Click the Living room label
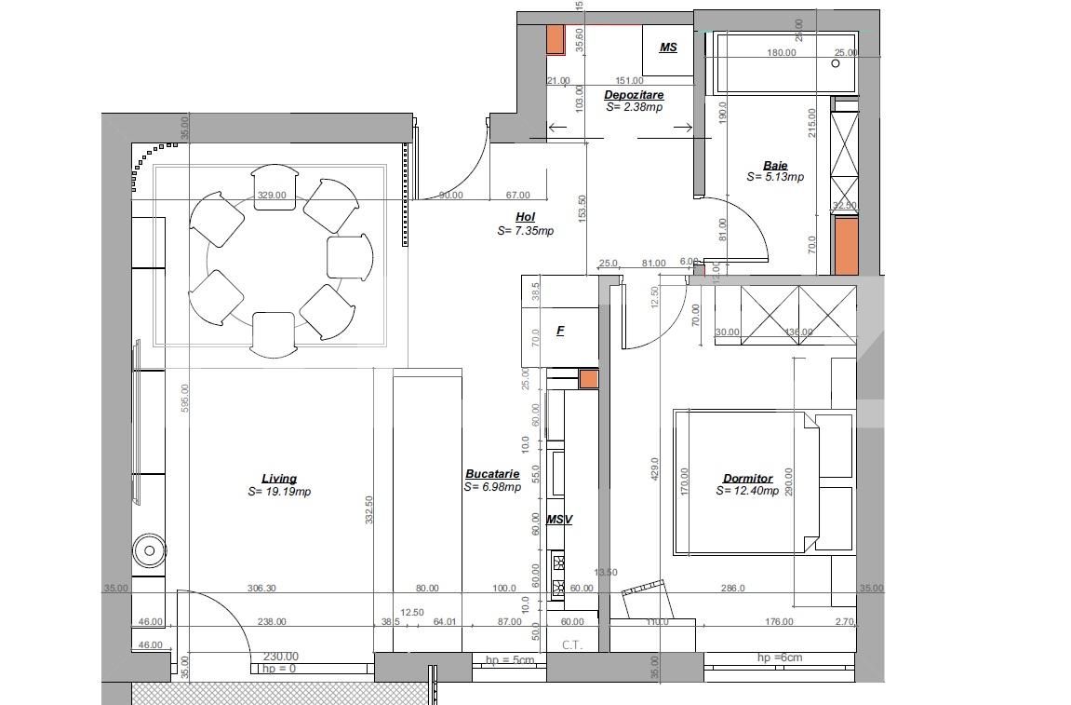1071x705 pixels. [x=279, y=479]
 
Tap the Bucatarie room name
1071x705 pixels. [x=492, y=474]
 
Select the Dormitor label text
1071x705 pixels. [x=749, y=479]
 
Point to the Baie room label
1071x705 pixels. [x=775, y=166]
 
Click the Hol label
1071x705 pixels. [x=525, y=217]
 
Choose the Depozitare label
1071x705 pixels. [x=634, y=95]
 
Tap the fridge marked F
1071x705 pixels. [x=560, y=331]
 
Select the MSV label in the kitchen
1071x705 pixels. [x=558, y=520]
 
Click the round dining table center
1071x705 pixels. [x=276, y=260]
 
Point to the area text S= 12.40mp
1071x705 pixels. [x=749, y=491]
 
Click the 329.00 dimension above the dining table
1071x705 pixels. [x=272, y=196]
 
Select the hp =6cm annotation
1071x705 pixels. [x=779, y=658]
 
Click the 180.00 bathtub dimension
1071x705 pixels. [x=781, y=53]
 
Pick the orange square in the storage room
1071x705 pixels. [x=555, y=39]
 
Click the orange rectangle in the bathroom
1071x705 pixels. [x=844, y=245]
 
